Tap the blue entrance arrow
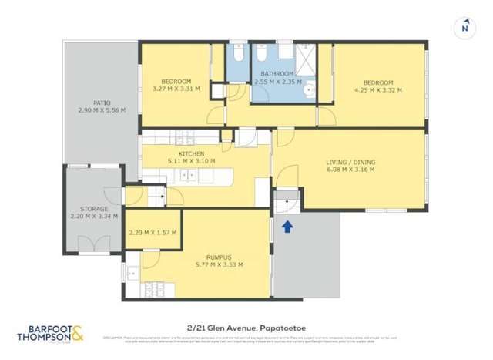(x=287, y=226)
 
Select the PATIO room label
(x=102, y=103)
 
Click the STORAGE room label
(x=94, y=208)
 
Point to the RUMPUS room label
(x=220, y=257)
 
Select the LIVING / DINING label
(x=350, y=162)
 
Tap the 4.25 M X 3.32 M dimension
(x=377, y=89)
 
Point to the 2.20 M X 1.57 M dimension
(x=153, y=232)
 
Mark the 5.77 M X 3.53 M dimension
(x=220, y=264)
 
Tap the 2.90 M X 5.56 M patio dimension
(x=102, y=110)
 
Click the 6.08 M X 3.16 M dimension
(x=350, y=170)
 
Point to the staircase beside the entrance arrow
(x=286, y=204)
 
